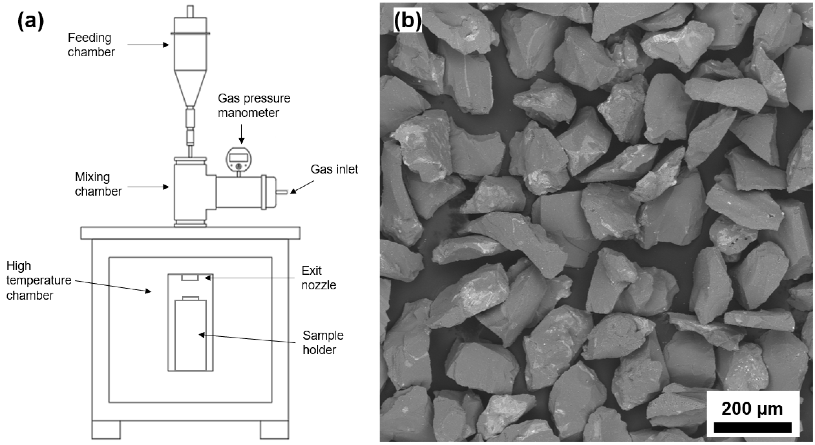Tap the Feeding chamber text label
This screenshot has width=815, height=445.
(91, 45)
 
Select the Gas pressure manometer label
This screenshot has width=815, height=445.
(254, 105)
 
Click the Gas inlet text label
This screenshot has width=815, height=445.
(334, 169)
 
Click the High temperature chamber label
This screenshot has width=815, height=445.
(39, 280)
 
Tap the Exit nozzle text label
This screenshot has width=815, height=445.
(318, 278)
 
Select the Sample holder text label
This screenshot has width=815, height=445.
(323, 342)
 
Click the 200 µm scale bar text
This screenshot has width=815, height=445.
(752, 408)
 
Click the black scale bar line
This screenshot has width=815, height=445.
(753, 427)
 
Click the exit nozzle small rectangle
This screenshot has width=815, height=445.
(190, 278)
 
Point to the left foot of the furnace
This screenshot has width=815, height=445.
(106, 429)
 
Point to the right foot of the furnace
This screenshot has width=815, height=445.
(274, 429)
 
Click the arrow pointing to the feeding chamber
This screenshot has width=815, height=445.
(148, 45)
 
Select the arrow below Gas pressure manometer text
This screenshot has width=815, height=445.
(241, 134)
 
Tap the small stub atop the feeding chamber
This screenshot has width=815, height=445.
(190, 11)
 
